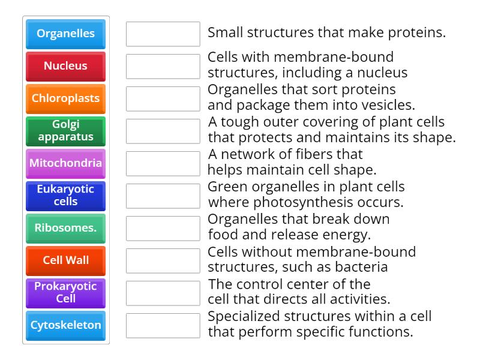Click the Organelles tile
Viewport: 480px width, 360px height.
pos(65,34)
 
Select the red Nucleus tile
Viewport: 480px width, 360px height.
pos(65,66)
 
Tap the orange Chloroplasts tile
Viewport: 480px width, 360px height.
pos(65,98)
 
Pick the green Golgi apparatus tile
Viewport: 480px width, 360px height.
pos(65,131)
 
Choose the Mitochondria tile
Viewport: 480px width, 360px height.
pos(65,163)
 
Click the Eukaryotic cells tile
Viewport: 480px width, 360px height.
pos(65,196)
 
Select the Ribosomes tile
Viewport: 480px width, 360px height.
pos(65,228)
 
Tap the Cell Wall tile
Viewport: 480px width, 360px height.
pos(65,260)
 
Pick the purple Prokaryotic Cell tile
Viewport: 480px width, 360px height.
pos(65,293)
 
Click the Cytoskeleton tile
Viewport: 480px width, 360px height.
pos(65,325)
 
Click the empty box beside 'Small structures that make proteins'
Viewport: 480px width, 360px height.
pos(163,34)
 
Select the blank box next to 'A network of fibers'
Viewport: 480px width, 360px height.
pos(163,163)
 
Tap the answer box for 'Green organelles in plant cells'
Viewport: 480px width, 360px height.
pos(163,196)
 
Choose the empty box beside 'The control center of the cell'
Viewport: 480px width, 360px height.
pos(163,293)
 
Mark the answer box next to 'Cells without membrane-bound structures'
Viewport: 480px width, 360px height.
pos(163,260)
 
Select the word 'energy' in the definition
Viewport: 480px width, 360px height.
pos(347,235)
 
